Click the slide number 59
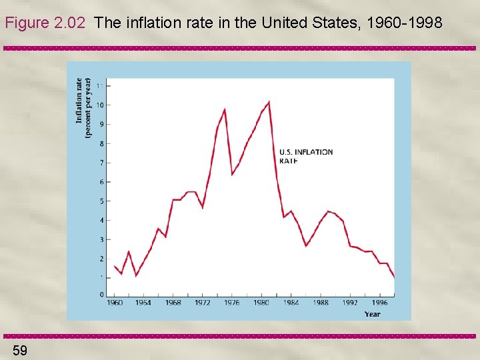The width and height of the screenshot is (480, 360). (19, 350)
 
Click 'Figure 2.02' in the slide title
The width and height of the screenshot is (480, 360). (45, 23)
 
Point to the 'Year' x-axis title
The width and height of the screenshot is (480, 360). (373, 313)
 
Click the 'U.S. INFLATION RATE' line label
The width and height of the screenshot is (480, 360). (305, 156)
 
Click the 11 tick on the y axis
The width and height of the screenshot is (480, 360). (100, 86)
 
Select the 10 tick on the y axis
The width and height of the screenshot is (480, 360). (99, 105)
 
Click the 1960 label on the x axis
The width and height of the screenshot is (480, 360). (114, 303)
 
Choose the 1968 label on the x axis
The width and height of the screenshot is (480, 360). (173, 303)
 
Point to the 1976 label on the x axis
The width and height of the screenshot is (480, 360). (232, 303)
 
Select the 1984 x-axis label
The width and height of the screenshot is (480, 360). (291, 303)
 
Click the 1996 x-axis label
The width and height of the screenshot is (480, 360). (379, 303)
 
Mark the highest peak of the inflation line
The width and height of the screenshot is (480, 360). (268, 102)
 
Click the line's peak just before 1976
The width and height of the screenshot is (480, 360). (224, 109)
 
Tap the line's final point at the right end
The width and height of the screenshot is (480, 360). (394, 277)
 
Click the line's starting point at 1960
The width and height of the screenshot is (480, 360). (114, 266)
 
